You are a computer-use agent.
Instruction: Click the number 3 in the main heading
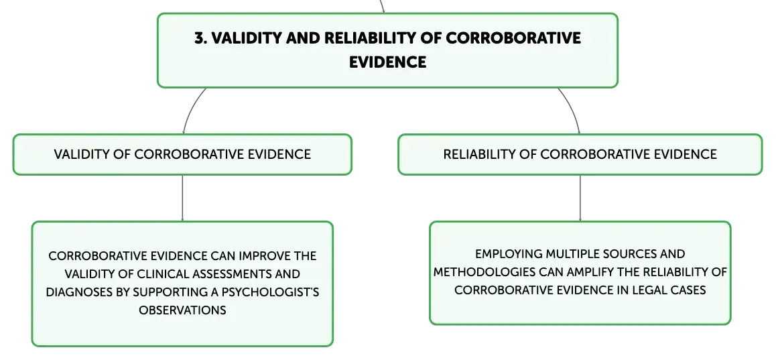(x=200, y=38)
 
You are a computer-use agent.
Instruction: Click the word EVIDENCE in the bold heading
(x=387, y=62)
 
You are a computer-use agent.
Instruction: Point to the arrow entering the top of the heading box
(x=382, y=6)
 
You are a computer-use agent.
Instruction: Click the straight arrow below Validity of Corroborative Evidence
(x=183, y=198)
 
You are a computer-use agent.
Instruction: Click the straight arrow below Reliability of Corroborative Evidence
(x=580, y=198)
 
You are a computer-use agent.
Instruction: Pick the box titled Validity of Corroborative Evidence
(x=182, y=154)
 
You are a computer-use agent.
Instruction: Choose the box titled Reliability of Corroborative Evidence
(x=580, y=154)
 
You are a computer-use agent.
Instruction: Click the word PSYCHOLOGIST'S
(x=270, y=292)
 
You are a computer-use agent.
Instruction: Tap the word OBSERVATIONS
(x=183, y=310)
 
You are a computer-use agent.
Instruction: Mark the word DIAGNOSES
(x=79, y=292)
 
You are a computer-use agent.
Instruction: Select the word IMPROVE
(x=266, y=256)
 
